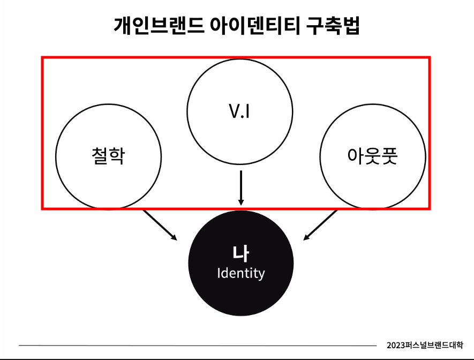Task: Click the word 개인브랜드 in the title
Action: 159,25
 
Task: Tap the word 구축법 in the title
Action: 333,25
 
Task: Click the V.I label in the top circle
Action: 239,113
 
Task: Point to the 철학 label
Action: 108,156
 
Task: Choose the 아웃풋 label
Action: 372,156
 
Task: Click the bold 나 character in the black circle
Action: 241,255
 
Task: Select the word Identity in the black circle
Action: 241,273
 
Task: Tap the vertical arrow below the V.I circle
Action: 241,187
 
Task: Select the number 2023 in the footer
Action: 396,346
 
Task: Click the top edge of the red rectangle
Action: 236,57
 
